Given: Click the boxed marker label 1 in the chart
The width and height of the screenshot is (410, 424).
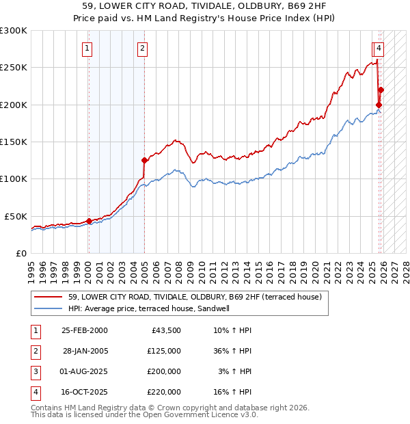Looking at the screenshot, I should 88,48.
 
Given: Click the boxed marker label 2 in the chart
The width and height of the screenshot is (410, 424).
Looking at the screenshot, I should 142,48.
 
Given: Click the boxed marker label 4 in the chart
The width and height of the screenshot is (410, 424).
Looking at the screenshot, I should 378,48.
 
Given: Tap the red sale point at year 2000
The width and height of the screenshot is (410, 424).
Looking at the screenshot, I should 89,221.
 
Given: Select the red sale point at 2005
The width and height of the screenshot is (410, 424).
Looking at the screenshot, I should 144,160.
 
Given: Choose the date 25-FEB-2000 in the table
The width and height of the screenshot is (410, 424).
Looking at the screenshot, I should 84,330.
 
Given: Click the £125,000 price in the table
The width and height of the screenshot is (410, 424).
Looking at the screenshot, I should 164,351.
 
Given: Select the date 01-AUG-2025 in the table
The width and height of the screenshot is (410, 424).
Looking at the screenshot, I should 84,371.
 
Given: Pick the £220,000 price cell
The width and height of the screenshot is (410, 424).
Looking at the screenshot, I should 164,392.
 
